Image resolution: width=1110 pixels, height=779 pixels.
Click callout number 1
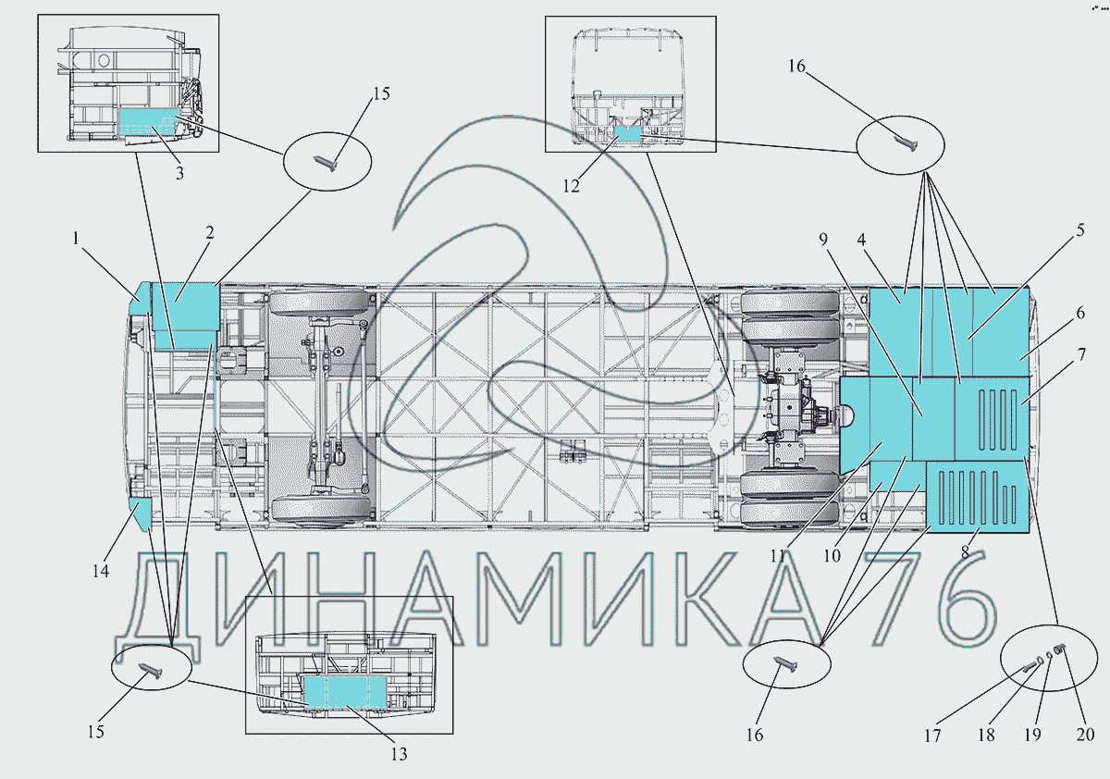coord(76,239)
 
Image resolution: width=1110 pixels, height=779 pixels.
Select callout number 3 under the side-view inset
coord(179,173)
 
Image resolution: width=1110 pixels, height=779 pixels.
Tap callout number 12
coord(571,186)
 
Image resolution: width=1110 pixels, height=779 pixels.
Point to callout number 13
coord(399,754)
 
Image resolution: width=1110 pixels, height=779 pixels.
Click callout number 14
coord(101,571)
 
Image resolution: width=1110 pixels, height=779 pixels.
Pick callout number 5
coord(1080,230)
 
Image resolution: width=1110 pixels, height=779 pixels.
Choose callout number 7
coord(1081,354)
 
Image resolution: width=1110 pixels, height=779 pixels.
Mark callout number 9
coord(823,240)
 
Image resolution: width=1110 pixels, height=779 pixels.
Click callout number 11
coord(778,556)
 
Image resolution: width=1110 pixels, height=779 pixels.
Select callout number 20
coord(1085,734)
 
